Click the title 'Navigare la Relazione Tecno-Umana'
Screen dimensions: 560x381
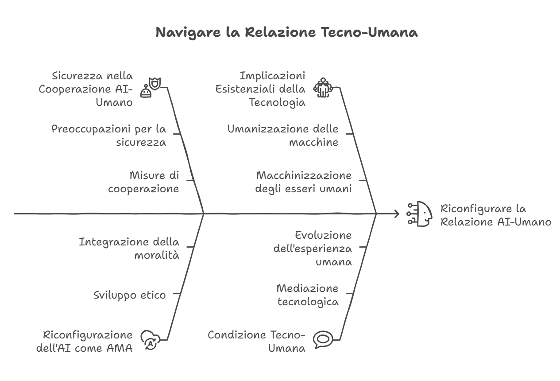286,32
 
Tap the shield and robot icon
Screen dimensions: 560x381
150,87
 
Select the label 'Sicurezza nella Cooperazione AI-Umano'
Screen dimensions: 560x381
86,89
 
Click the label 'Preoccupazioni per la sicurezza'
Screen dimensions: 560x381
109,136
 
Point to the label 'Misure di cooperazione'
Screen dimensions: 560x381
144,182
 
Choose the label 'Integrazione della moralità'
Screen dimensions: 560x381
129,249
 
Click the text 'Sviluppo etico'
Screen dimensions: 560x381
130,295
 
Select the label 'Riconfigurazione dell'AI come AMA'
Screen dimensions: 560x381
85,342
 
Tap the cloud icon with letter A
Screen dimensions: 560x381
150,340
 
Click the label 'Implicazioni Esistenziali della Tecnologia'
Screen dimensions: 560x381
260,89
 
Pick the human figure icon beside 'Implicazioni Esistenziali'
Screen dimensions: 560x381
323,88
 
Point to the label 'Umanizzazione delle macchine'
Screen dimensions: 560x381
283,136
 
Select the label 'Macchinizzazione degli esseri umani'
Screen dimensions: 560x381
304,182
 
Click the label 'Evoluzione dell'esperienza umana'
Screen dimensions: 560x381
313,249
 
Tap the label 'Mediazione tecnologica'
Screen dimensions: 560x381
308,295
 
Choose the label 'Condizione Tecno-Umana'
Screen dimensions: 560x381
256,342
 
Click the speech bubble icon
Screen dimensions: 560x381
323,340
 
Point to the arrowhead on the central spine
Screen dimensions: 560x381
397,214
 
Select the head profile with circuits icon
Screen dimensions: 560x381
420,214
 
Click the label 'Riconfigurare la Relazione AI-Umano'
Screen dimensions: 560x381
496,215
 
